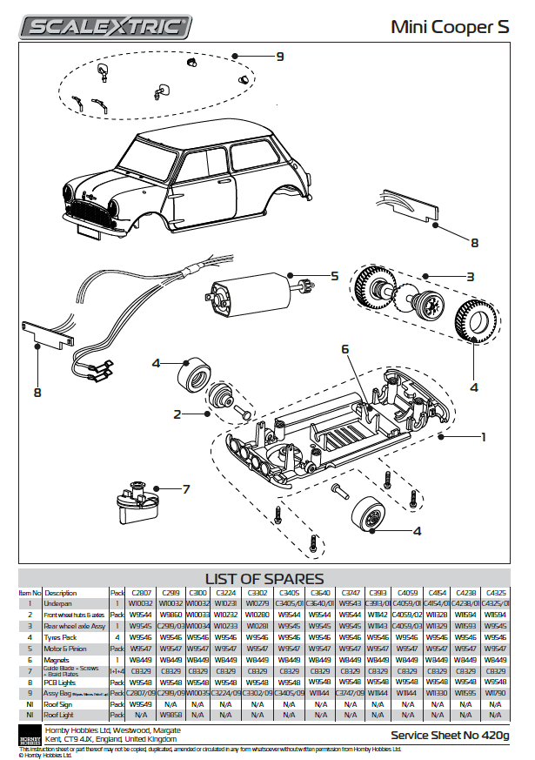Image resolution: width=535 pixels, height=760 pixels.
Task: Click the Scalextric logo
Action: coord(106,28)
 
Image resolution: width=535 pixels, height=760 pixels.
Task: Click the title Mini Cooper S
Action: coord(450,28)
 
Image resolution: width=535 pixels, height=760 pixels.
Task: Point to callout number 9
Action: coord(279,57)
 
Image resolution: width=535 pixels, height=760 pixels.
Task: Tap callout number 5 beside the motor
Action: coord(334,276)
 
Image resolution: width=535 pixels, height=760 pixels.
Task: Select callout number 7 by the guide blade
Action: coord(185,489)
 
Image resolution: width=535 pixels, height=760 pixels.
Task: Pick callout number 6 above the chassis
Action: coord(344,348)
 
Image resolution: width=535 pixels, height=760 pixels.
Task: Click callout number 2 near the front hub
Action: coord(177,414)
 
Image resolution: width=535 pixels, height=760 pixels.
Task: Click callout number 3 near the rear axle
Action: coord(469,277)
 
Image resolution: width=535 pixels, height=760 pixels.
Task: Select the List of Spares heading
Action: coord(264,579)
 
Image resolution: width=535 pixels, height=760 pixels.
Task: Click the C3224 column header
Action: coord(224,593)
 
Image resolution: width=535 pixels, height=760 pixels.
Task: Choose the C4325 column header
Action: coord(494,593)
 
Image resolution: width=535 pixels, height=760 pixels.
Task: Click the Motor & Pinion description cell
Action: coord(64,649)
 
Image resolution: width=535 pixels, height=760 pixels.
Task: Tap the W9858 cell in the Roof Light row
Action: coord(171,715)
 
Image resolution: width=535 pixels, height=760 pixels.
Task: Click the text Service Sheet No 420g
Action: coord(450,736)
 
